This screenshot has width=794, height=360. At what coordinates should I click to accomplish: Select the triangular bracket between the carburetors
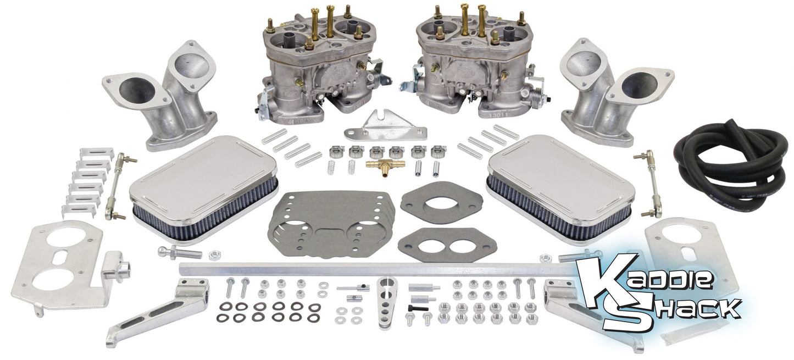click(x=392, y=128)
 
